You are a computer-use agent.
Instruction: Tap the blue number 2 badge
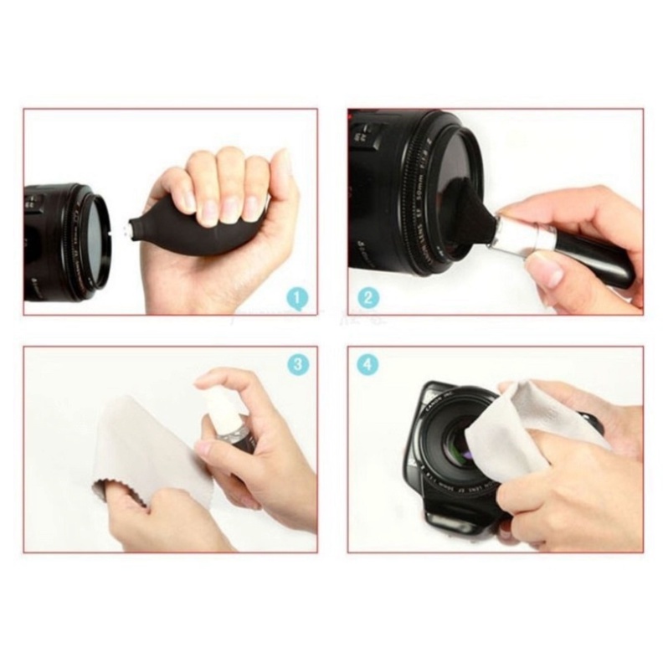point(367,296)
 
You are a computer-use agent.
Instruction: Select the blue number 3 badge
point(296,364)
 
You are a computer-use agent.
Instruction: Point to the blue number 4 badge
point(367,364)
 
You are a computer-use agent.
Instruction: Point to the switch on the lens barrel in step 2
point(366,134)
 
